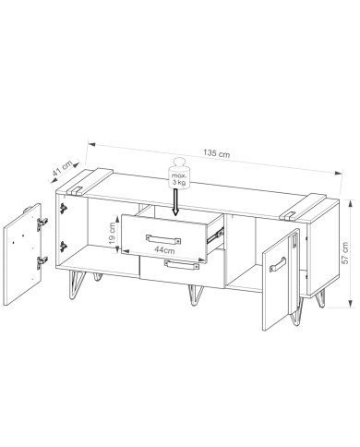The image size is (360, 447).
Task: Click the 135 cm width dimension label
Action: tap(216, 153)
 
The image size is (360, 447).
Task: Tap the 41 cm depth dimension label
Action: tap(63, 168)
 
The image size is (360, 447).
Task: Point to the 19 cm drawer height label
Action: tap(113, 233)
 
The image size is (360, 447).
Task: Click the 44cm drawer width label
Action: tap(164, 250)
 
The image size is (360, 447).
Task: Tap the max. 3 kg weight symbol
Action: tap(179, 174)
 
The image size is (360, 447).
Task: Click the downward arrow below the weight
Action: tap(175, 202)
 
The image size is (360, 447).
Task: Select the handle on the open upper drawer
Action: tap(163, 239)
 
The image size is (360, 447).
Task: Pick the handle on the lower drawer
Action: tap(182, 265)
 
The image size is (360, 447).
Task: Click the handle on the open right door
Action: tap(278, 265)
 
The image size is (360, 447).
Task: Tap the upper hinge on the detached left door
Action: tap(42, 223)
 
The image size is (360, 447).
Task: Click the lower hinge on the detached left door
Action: tap(42, 262)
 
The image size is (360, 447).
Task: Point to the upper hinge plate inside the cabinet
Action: tap(64, 209)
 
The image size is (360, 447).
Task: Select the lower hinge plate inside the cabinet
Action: tap(64, 247)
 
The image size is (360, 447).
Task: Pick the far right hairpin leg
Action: tap(321, 298)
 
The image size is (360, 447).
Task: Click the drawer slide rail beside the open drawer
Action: tap(215, 236)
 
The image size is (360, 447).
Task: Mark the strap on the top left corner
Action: tap(88, 182)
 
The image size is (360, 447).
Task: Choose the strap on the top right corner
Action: tap(303, 207)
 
